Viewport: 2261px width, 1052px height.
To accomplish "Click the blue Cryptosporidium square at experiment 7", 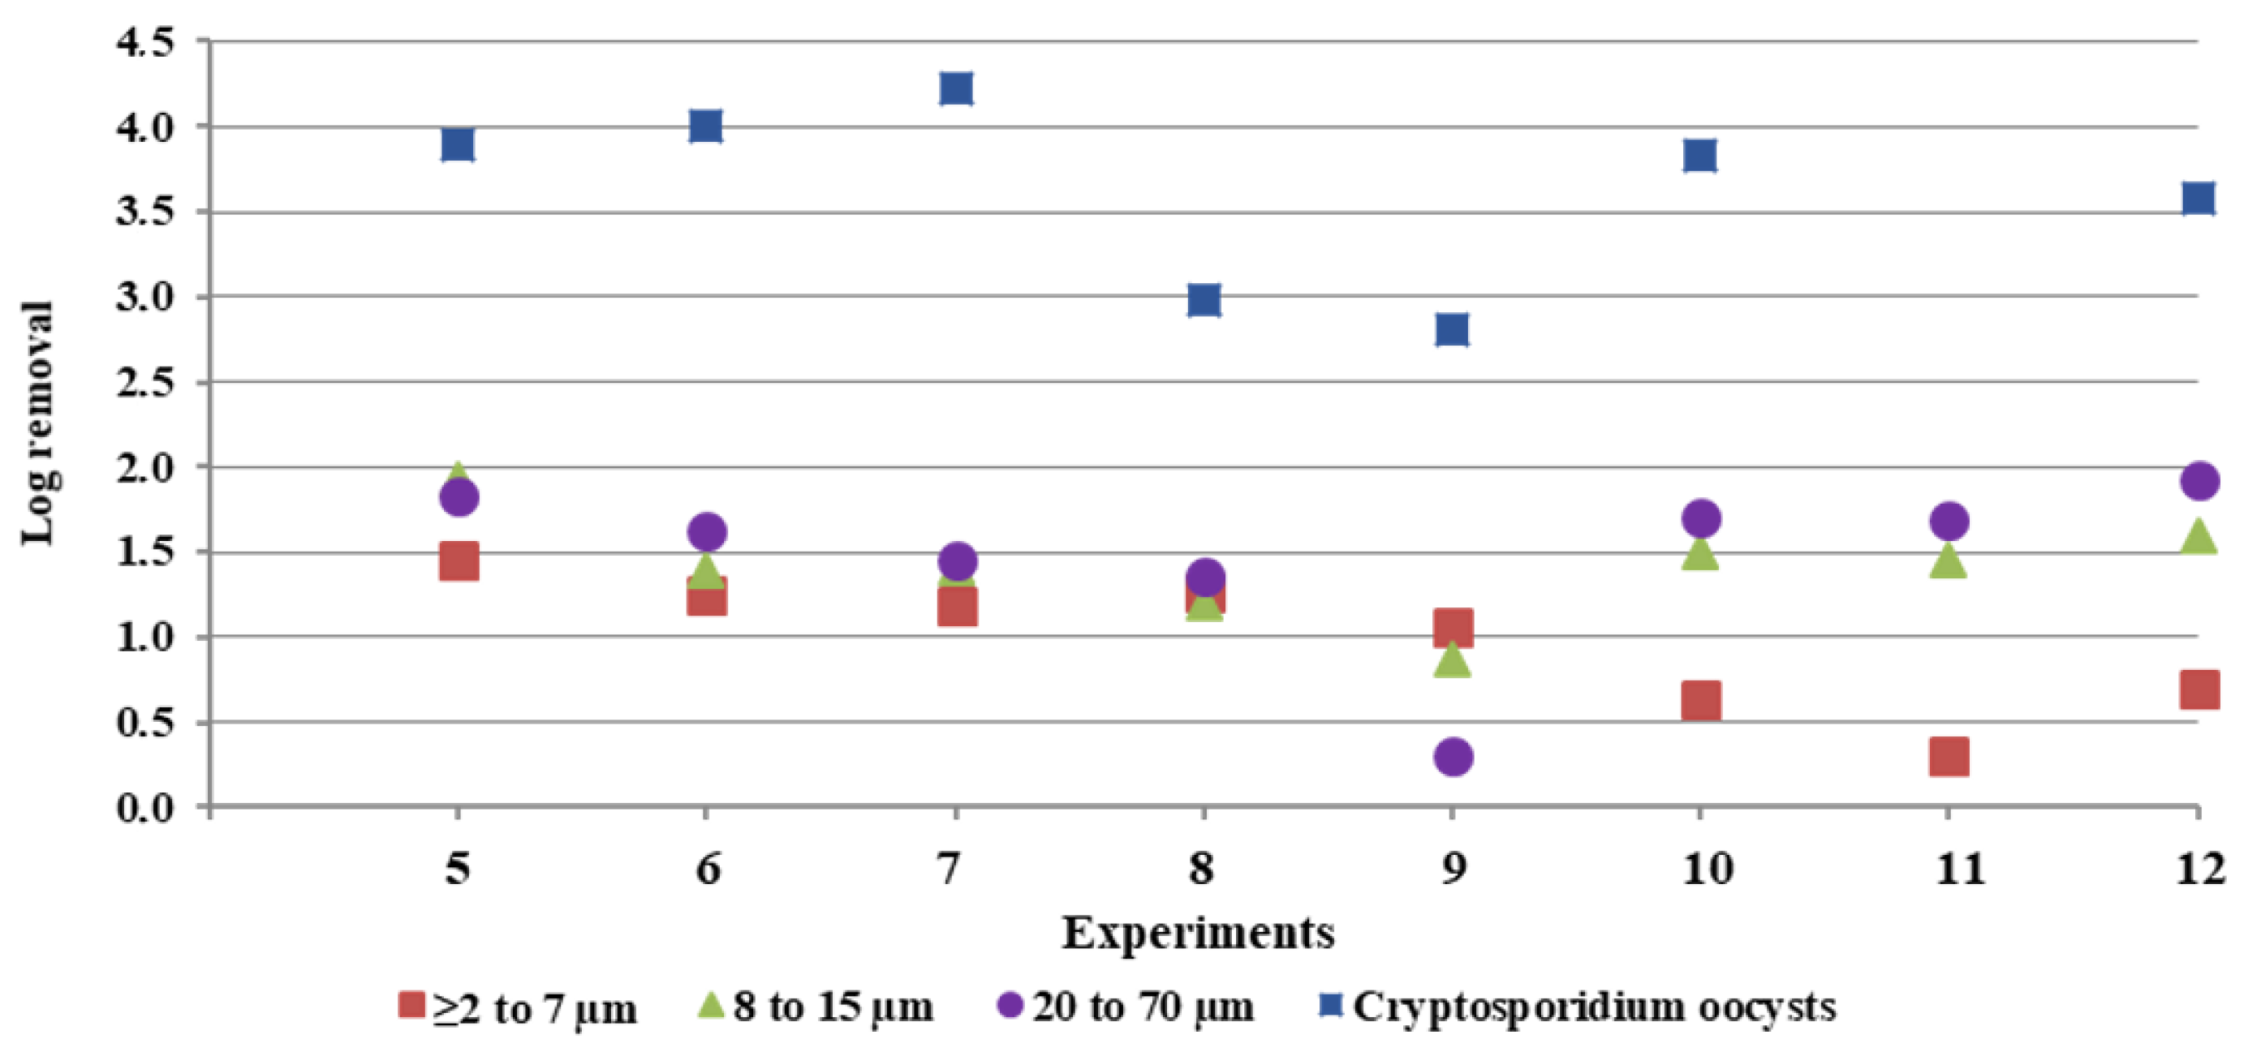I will [956, 88].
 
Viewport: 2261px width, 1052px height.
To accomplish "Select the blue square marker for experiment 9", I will [1453, 330].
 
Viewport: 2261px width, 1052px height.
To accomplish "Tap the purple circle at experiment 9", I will [1453, 756].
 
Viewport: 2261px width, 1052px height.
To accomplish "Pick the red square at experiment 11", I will [1949, 756].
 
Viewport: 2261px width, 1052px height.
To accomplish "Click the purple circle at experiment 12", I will [2199, 481].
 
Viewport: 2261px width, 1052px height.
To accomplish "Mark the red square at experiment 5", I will [459, 560].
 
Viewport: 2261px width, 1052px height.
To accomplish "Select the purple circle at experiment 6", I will [708, 530].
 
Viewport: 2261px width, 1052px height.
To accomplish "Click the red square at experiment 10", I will [1700, 701].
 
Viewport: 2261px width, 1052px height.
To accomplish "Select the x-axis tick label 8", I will [1203, 870].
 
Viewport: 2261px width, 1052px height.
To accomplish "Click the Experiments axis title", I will [1198, 934].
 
